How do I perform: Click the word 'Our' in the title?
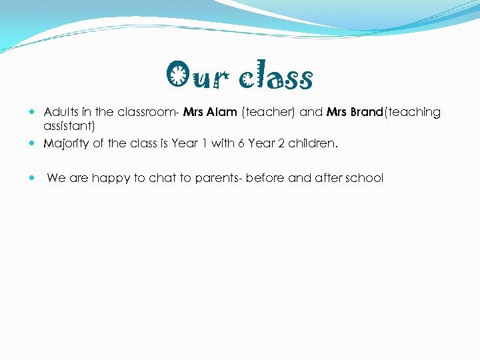click(195, 77)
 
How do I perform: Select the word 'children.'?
click(313, 143)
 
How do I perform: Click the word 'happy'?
click(109, 178)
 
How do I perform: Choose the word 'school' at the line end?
click(365, 178)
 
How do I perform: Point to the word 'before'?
click(267, 178)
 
